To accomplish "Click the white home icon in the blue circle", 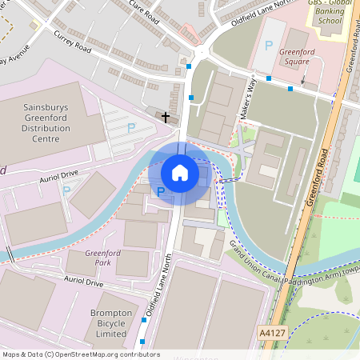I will pos(180,172).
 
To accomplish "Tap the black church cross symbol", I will pos(166,118).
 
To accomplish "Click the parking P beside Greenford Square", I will pos(269,46).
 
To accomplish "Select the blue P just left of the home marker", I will pos(160,191).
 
